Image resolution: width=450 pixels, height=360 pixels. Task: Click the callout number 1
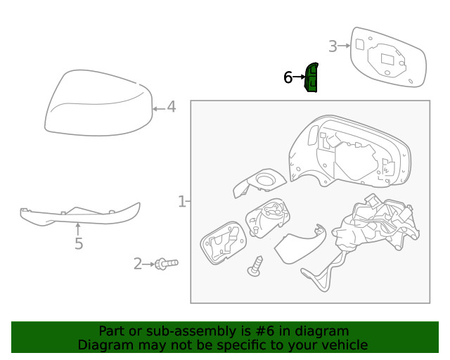[x=181, y=202]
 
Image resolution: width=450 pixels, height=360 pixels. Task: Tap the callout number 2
[x=138, y=264]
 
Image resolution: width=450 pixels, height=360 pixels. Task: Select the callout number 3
[x=333, y=46]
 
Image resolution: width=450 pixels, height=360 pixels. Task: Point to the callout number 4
[x=172, y=108]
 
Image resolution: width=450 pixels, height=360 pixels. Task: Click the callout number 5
[x=79, y=244]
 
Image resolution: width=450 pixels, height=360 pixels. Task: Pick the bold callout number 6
[x=288, y=77]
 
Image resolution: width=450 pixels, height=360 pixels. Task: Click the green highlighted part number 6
[x=311, y=77]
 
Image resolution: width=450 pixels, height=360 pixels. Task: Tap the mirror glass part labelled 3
[x=387, y=58]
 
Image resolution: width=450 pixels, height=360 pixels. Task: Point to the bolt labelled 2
[x=167, y=264]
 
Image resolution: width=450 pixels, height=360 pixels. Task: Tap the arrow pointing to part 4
[x=158, y=108]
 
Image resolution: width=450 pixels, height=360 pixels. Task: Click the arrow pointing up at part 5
[x=78, y=228]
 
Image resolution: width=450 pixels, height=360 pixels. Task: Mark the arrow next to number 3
[x=344, y=46]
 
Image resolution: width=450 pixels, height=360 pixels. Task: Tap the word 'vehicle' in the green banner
[x=343, y=345]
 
